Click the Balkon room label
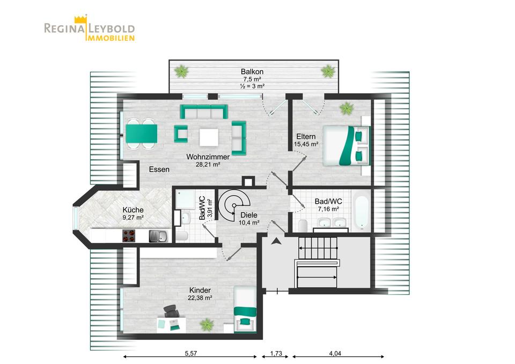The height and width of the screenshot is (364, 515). tap(252, 71)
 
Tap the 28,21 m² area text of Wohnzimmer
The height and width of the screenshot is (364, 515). tap(208, 165)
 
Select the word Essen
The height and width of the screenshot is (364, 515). tap(159, 169)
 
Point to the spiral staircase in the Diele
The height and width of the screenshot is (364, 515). tap(234, 205)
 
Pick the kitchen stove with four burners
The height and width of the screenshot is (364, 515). tap(129, 235)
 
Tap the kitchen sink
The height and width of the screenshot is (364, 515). tap(158, 236)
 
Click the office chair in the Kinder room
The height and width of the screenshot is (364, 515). tap(171, 311)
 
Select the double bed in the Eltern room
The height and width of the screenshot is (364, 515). tap(346, 145)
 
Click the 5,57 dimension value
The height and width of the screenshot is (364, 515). tap(190, 353)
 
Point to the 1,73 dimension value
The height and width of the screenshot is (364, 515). tap(276, 353)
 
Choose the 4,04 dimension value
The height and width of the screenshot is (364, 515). tap(335, 353)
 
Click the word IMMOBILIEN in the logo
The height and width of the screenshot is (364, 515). tap(111, 38)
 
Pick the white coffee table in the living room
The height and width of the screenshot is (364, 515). tap(209, 138)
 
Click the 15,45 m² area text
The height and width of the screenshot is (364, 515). tap(306, 144)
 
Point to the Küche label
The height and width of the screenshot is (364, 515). tap(133, 210)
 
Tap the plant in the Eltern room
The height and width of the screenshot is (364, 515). tap(347, 108)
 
